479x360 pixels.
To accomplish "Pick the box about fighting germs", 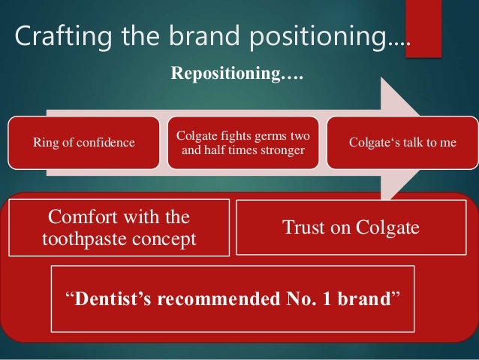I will point(243,142).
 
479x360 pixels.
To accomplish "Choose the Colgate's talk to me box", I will point(402,142).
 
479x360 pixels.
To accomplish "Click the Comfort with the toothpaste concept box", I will point(119,227).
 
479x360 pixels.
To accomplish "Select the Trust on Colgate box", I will point(350,227).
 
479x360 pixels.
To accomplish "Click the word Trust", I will point(304,227).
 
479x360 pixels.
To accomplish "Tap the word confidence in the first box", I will point(109,142).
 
